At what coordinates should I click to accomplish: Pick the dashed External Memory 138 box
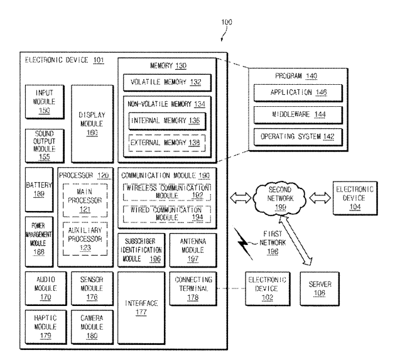click(x=166, y=142)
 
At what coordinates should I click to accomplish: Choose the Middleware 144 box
click(x=289, y=114)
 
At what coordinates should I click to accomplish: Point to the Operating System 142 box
click(x=289, y=135)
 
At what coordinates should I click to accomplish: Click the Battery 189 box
click(x=39, y=190)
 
